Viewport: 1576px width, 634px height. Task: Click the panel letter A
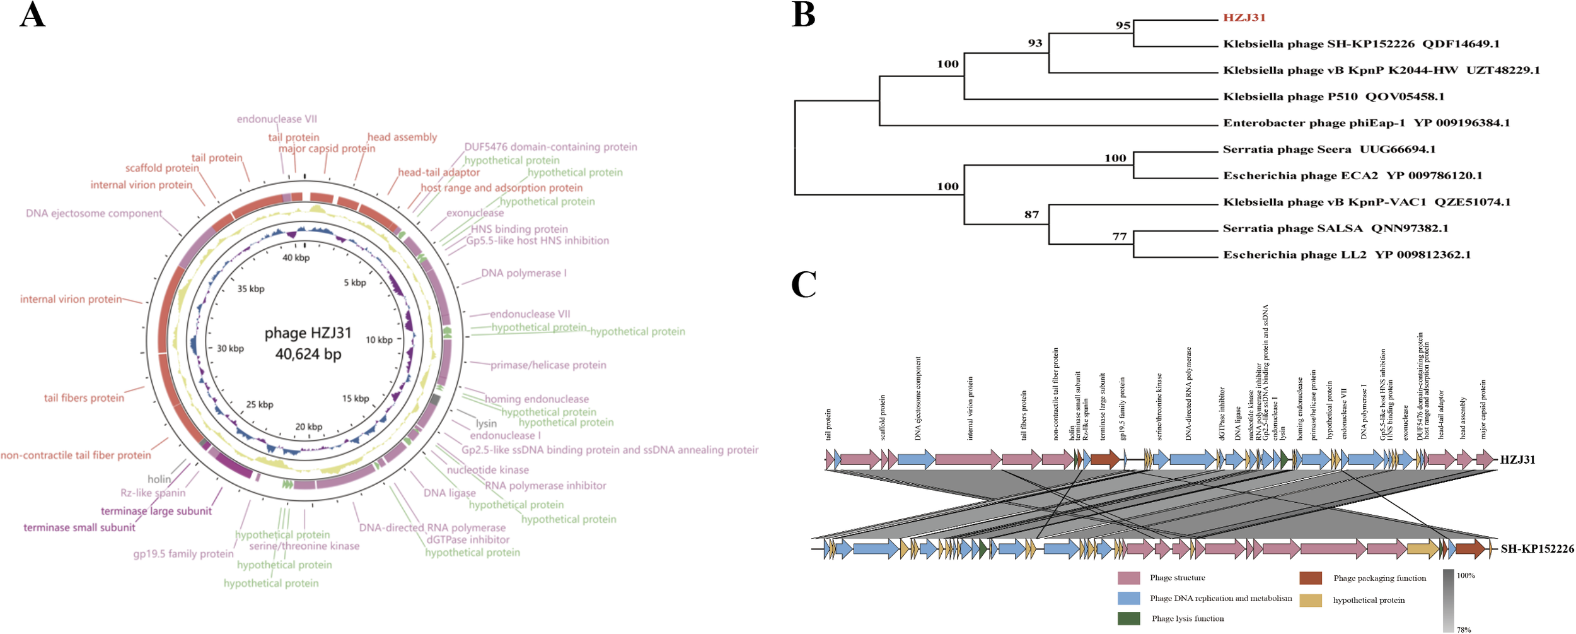click(x=32, y=15)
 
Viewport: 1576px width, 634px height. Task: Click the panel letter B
click(x=803, y=15)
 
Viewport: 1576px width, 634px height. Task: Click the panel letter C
click(x=804, y=285)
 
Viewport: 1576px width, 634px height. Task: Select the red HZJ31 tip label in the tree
click(x=1244, y=18)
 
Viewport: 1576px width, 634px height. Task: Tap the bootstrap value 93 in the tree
click(x=1035, y=43)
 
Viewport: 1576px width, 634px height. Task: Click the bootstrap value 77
click(x=1119, y=237)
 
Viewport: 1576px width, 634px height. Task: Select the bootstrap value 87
click(x=1031, y=214)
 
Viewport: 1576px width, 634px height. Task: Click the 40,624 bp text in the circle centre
click(x=308, y=354)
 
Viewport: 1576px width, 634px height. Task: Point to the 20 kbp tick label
click(x=308, y=426)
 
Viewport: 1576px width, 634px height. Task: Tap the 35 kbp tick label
click(x=251, y=289)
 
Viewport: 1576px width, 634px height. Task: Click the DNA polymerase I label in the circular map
click(x=523, y=273)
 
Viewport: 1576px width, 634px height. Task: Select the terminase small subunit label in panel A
click(x=79, y=527)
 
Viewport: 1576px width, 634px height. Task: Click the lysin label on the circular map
click(x=486, y=423)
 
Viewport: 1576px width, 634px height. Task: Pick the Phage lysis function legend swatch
click(x=1128, y=618)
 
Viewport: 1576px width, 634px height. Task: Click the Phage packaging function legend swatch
click(x=1311, y=578)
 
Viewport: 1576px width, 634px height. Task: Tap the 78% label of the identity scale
click(x=1463, y=630)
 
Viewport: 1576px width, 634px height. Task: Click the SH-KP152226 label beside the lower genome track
click(x=1537, y=549)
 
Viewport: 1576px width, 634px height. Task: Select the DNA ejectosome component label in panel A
click(x=94, y=213)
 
